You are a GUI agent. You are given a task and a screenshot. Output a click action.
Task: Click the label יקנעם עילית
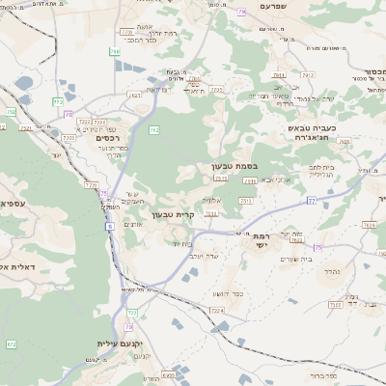pos(121,343)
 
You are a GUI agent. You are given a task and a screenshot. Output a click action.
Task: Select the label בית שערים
pos(296,259)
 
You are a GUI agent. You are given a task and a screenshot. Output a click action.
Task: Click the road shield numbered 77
pos(312,201)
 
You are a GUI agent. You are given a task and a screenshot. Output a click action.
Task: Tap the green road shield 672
pos(12,344)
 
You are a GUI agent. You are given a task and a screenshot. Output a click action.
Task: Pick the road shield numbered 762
pos(153,128)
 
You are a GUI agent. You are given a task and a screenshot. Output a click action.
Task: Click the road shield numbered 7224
pos(216,311)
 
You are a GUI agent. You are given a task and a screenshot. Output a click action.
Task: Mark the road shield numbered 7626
pos(369,225)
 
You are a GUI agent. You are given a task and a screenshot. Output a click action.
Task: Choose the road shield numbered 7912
pos(307,72)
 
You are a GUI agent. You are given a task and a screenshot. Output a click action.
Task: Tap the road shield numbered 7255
pos(216,89)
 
